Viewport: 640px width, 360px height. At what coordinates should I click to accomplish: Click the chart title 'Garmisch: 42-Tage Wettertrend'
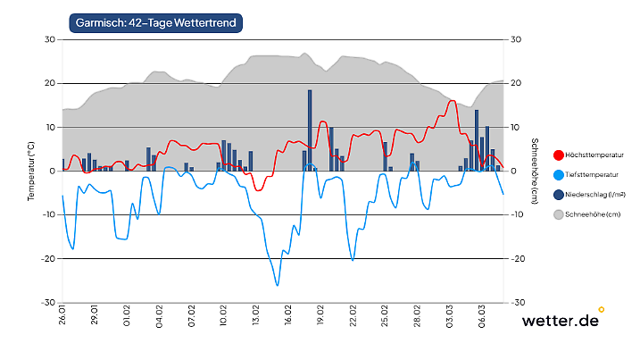(156, 21)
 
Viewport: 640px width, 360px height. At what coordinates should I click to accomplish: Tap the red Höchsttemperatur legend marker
(559, 155)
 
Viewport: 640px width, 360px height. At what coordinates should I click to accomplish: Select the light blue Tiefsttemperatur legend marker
(559, 174)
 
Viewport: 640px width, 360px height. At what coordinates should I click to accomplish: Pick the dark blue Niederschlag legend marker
(559, 195)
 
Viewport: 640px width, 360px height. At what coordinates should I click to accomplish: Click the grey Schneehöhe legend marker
(559, 214)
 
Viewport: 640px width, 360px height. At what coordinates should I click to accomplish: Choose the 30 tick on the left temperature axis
(50, 39)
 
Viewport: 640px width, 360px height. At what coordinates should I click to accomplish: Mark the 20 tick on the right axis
(515, 83)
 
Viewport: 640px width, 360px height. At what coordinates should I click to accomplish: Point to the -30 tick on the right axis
(516, 303)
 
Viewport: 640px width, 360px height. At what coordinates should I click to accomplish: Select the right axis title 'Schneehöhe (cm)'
(533, 170)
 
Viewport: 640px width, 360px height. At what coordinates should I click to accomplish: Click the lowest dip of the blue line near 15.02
(278, 284)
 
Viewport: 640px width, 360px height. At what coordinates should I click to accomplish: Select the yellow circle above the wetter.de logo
(601, 310)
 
